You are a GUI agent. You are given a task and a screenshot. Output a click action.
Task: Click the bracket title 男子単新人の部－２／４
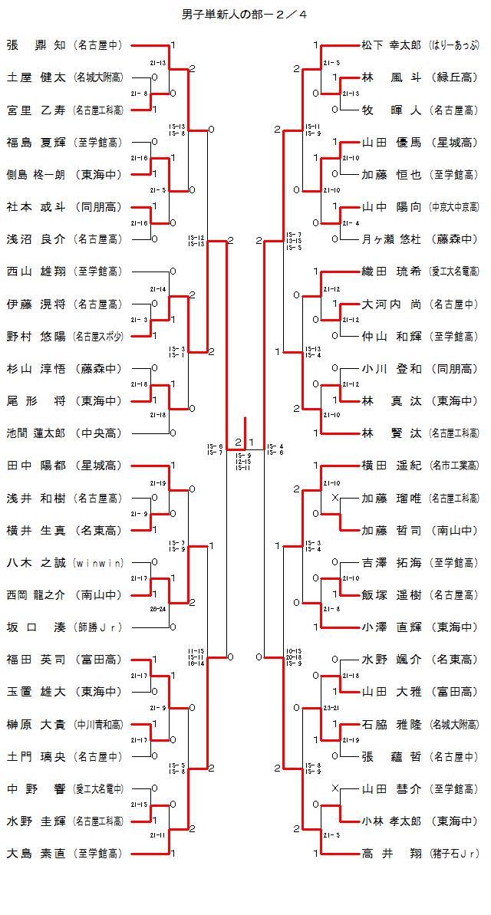(x=245, y=15)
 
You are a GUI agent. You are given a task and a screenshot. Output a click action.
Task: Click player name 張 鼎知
(x=36, y=45)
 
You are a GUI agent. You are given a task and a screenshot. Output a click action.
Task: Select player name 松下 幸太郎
(x=391, y=45)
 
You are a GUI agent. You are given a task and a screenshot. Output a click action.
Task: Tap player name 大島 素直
(x=36, y=853)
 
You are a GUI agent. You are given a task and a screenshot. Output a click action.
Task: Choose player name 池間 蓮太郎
(x=36, y=433)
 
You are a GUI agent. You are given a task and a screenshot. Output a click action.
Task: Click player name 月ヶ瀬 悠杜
(x=391, y=239)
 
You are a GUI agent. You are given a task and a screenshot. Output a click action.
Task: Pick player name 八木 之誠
(x=36, y=563)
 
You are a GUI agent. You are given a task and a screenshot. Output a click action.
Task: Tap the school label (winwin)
(x=98, y=563)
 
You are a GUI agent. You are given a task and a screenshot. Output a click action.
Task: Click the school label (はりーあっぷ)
(x=454, y=45)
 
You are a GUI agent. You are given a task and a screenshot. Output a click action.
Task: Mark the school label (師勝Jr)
(x=98, y=627)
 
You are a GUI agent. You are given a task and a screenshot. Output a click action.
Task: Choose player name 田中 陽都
(x=36, y=466)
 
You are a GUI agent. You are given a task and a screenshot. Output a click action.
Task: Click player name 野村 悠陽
(x=36, y=336)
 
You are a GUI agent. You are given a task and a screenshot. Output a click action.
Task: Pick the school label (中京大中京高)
(x=454, y=207)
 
